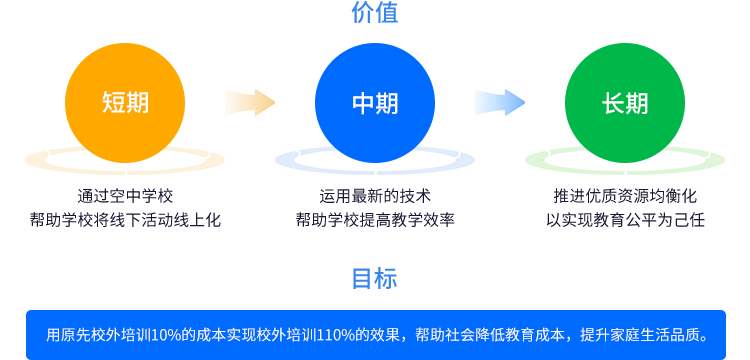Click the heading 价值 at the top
click(374, 13)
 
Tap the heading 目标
click(374, 279)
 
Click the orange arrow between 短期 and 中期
click(249, 102)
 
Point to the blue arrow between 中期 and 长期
click(499, 102)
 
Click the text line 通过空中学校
click(125, 196)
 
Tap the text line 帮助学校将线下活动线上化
click(125, 219)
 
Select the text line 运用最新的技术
click(375, 196)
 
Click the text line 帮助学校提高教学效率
click(375, 219)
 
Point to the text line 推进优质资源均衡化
click(625, 196)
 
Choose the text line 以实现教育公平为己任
click(625, 219)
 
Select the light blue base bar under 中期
click(375, 161)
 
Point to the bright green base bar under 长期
click(625, 161)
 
